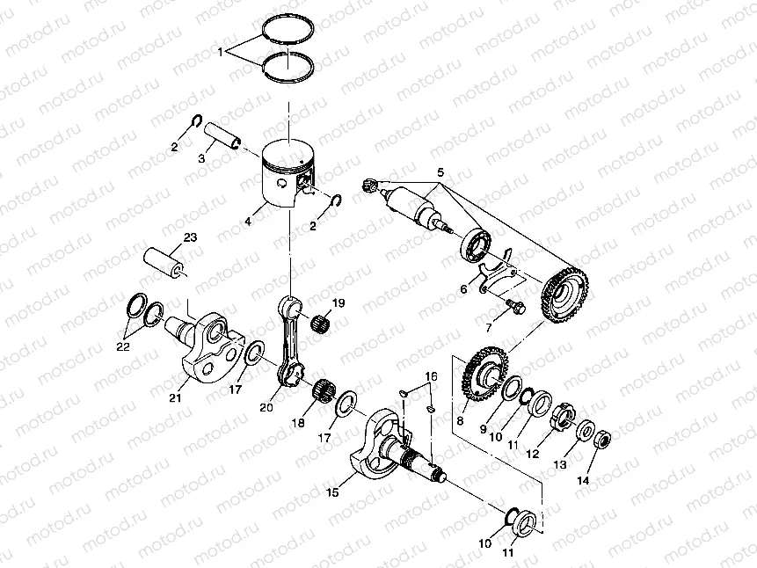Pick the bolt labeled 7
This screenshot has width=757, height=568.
[x=516, y=307]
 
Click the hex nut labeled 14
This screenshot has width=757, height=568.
[x=601, y=439]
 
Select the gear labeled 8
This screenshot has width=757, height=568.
[x=484, y=375]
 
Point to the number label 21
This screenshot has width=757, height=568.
[x=175, y=397]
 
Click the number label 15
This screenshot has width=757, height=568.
[x=332, y=492]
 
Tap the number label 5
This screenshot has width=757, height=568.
[x=440, y=172]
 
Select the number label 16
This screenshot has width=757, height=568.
[x=431, y=376]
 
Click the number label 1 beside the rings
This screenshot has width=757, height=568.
[x=221, y=52]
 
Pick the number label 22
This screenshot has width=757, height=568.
[x=123, y=346]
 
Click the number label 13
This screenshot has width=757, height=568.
[x=559, y=464]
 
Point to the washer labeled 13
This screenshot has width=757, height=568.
[x=586, y=431]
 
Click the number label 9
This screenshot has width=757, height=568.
[x=483, y=428]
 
